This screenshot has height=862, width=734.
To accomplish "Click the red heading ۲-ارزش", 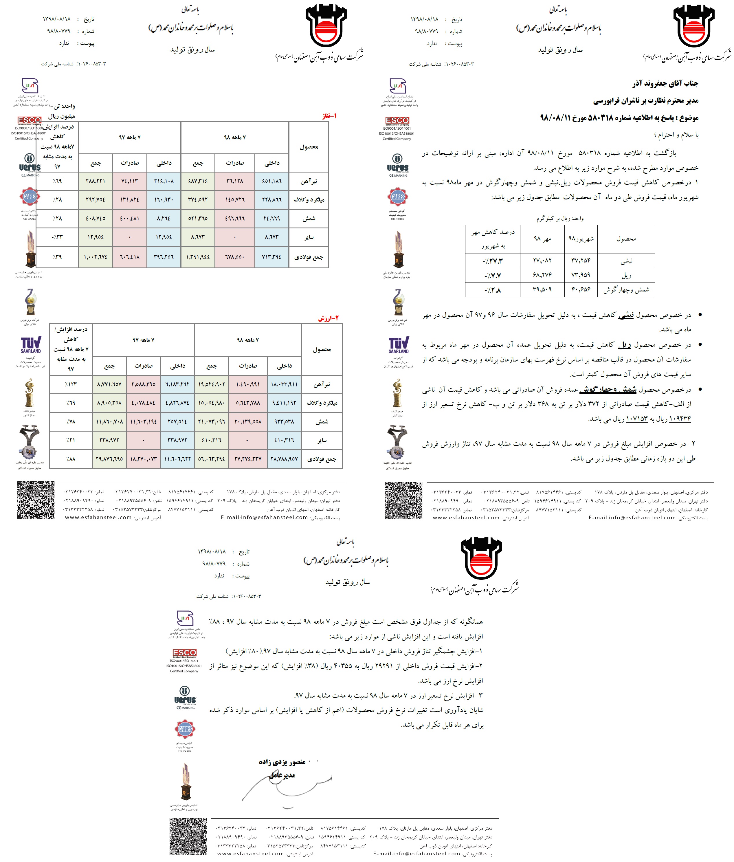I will click(328, 318).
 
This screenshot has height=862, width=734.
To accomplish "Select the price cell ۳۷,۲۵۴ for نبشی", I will click(581, 261).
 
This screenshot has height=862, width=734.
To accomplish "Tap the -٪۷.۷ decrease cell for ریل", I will click(493, 275).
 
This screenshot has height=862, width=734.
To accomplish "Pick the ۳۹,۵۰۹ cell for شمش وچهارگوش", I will click(542, 289).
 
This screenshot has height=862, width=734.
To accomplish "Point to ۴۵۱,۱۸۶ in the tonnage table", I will click(272, 181).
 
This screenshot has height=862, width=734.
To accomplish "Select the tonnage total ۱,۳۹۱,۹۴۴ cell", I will click(198, 257).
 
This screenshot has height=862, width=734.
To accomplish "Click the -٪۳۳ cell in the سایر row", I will click(57, 237).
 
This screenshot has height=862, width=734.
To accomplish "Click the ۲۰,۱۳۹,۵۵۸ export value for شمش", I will click(247, 422).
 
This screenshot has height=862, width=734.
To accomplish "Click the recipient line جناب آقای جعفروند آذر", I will click(665, 84).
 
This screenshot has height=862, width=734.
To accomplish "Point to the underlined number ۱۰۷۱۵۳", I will click(637, 419).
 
